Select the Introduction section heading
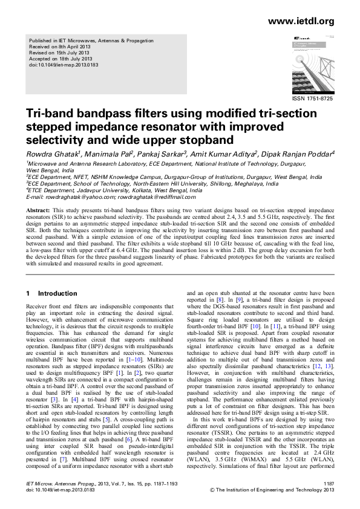pyautogui.click(x=57, y=293)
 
